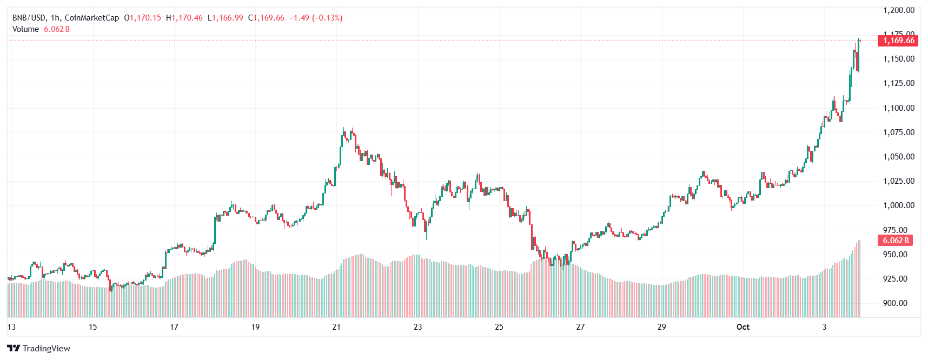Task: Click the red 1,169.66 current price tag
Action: coord(898,41)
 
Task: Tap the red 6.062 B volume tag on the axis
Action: coord(896,241)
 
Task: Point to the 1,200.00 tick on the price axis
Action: coord(899,10)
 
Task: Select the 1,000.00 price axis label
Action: coord(899,205)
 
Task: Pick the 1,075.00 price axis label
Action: coord(899,132)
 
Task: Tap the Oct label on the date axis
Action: coord(743,327)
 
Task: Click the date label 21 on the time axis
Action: coord(336,327)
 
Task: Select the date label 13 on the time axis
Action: coord(11,327)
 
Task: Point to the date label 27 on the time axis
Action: coord(580,327)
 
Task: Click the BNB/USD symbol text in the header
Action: coord(29,18)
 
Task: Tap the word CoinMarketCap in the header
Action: coord(92,18)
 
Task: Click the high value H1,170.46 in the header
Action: coord(184,18)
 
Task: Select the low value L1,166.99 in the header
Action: coord(226,18)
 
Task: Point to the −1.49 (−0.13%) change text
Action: coord(316,18)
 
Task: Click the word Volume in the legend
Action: coord(25,29)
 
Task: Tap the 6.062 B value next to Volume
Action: coord(57,29)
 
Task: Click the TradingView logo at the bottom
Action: coord(39,349)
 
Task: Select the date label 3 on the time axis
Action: coord(824,327)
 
